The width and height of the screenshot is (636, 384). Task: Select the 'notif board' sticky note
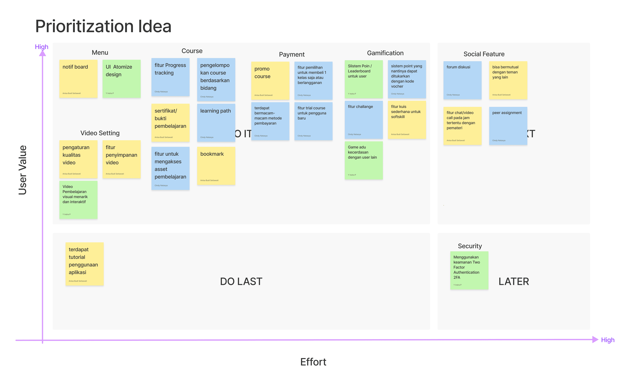pos(78,79)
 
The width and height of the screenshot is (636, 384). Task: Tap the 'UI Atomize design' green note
pos(121,79)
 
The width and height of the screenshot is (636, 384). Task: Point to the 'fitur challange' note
pos(363,120)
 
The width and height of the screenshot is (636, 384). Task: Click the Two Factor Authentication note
pos(469,270)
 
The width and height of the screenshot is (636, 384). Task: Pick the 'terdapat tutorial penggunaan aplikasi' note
pos(84,264)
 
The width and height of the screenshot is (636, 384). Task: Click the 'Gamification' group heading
pos(385,53)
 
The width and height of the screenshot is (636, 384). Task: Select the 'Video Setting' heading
pos(100,133)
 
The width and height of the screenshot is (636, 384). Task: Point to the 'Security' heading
pos(470,246)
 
